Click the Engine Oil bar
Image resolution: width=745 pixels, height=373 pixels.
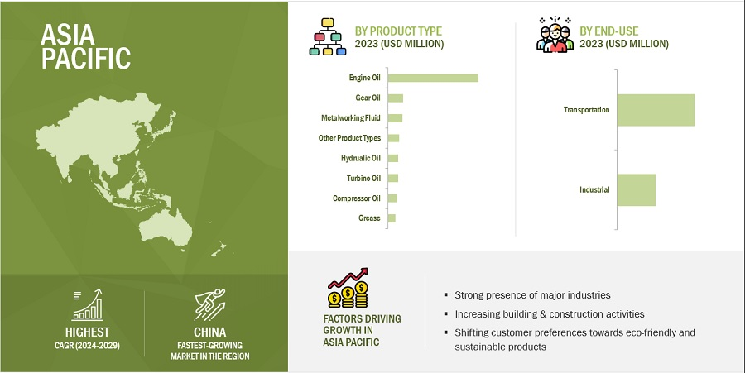pos(433,78)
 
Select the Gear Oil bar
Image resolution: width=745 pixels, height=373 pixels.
pos(396,98)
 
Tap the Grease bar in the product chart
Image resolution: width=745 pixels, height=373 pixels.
pos(392,218)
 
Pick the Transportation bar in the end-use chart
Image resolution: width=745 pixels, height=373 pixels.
pos(656,110)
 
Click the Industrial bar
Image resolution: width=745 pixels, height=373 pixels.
pos(637,190)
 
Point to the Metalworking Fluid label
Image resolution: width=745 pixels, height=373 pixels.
pos(351,118)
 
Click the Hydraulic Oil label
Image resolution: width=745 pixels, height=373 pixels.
pos(361,159)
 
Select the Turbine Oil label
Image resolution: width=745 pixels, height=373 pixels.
pos(363,179)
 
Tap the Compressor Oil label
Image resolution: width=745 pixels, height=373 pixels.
pos(356,198)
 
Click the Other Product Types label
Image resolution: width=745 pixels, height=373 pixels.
pos(349,138)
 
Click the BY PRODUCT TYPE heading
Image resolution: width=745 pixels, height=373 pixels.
pos(398,31)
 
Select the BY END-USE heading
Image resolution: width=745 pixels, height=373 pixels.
pos(608,31)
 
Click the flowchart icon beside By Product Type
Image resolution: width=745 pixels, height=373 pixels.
pos(328,36)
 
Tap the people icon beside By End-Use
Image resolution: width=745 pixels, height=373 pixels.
pos(555,35)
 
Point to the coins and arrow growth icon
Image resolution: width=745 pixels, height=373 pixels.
pos(348,288)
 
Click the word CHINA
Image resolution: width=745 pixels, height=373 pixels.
pos(209,332)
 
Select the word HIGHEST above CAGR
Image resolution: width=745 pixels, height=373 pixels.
pos(88,332)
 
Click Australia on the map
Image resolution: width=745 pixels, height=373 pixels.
pos(166,227)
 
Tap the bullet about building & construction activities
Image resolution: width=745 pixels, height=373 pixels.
pos(550,314)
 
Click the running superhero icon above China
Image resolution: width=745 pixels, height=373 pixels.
pos(210,304)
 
